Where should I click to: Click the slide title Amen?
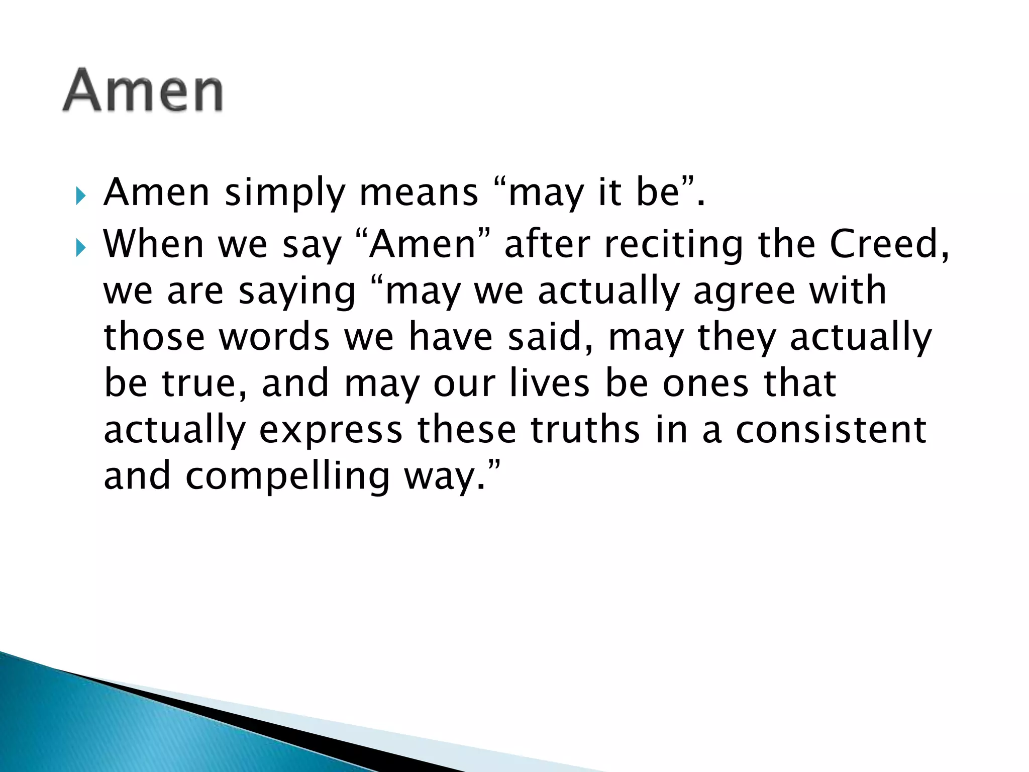(x=143, y=90)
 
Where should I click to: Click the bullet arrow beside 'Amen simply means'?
(x=81, y=196)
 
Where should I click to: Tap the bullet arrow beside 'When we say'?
(x=81, y=247)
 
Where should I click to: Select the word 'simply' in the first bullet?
(x=285, y=194)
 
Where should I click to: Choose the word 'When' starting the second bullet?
(x=153, y=245)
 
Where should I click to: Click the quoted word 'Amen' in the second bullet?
(x=422, y=245)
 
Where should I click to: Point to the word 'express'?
(x=331, y=431)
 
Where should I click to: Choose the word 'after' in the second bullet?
(x=547, y=245)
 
